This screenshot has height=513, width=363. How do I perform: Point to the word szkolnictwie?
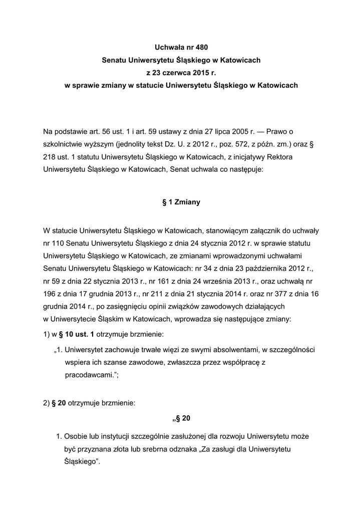click(64, 145)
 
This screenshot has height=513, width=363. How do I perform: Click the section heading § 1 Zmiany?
click(181, 202)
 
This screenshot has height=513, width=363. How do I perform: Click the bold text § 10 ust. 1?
click(73, 334)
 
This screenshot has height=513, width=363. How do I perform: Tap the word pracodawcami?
click(89, 374)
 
